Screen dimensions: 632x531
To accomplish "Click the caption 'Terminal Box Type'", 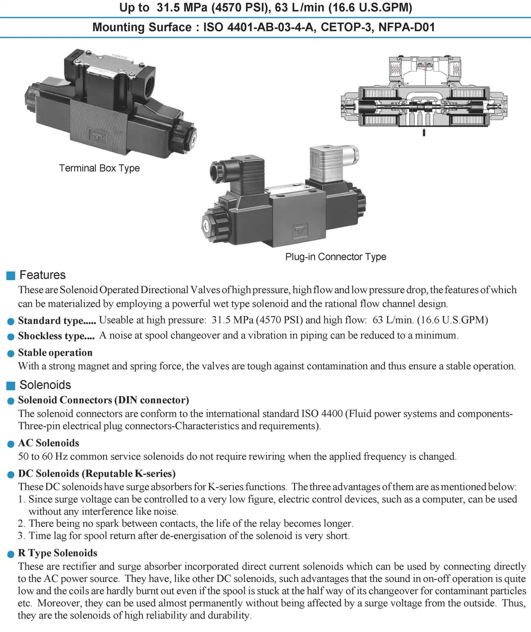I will pyautogui.click(x=99, y=168).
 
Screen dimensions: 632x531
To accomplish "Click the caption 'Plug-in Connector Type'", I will pyautogui.click(x=336, y=257).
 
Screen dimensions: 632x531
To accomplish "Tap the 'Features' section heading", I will pyautogui.click(x=43, y=275).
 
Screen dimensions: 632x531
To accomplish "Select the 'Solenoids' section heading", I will pyautogui.click(x=45, y=385).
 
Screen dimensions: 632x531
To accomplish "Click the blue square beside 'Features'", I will pyautogui.click(x=11, y=275).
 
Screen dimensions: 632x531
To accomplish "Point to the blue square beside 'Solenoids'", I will pyautogui.click(x=11, y=386).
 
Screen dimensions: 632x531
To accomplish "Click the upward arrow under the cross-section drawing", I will pyautogui.click(x=424, y=132).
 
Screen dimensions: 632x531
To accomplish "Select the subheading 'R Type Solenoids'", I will pyautogui.click(x=58, y=553).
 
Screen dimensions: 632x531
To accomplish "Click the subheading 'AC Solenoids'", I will pyautogui.click(x=49, y=443).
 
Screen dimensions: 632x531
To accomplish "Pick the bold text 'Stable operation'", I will pyautogui.click(x=55, y=353).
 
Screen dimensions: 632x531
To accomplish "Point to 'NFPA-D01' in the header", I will pyautogui.click(x=406, y=27).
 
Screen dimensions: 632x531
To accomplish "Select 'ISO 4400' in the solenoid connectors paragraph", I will pyautogui.click(x=322, y=414).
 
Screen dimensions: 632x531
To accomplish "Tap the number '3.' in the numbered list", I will pyautogui.click(x=22, y=536).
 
